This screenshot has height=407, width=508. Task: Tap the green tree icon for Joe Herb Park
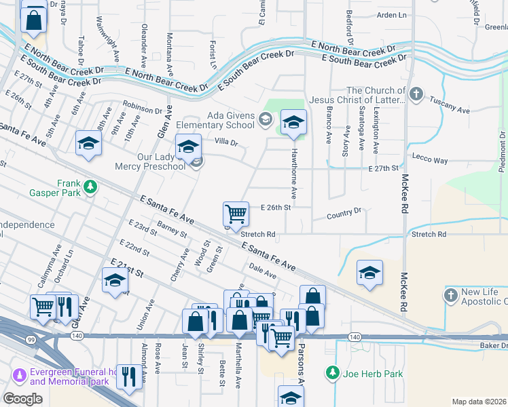332,373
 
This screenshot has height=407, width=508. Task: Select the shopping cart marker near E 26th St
235,214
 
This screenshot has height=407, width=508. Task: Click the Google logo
22,398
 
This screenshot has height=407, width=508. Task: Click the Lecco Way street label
430,161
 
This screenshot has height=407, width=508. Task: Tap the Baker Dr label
493,347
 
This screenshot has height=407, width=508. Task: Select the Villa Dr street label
226,142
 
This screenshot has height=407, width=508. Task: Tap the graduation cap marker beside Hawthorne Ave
293,122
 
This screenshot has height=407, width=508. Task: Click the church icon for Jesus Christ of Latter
416,94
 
